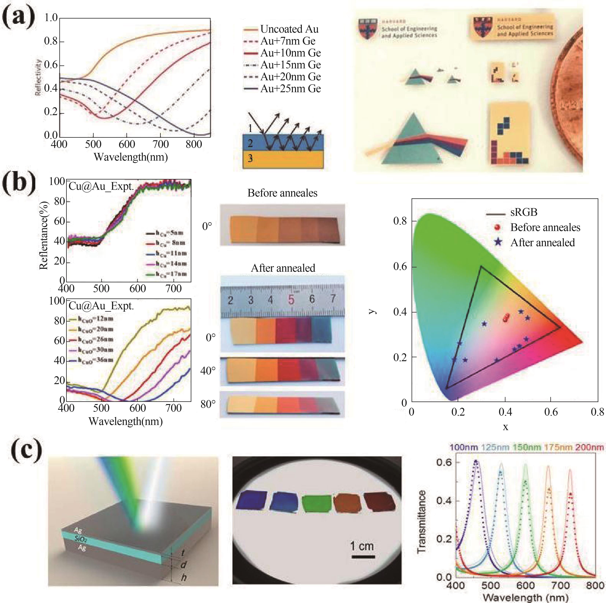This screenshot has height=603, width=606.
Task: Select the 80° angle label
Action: coord(208,404)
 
